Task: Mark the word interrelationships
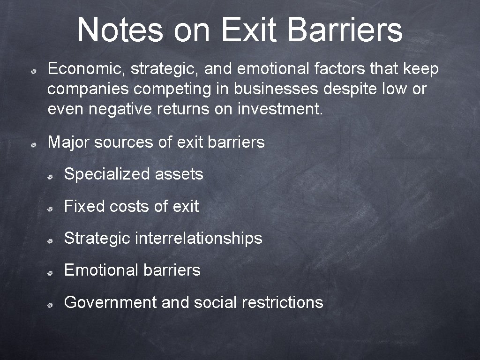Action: point(198,238)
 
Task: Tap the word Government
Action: point(110,302)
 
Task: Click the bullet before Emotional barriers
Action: point(49,272)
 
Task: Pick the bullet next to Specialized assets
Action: point(49,177)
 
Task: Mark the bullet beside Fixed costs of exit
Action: point(49,209)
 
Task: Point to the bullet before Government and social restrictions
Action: point(49,305)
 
